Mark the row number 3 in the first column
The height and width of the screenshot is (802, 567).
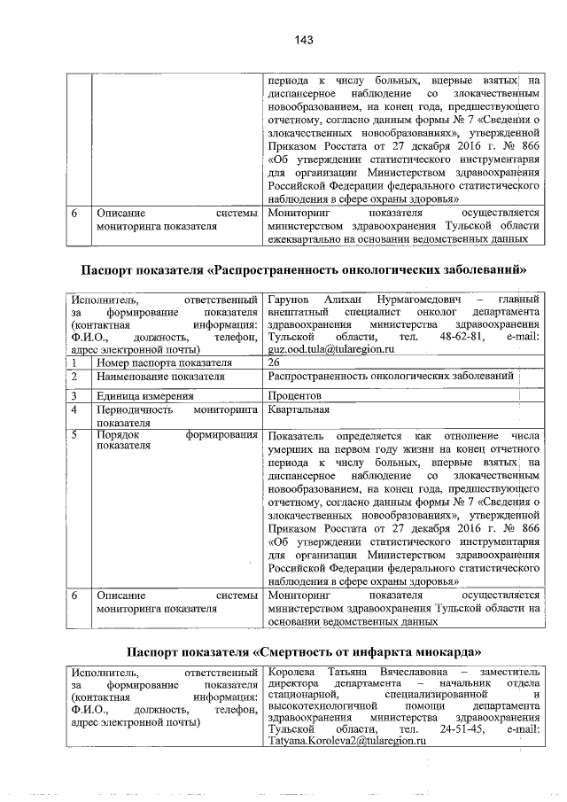(75, 395)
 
